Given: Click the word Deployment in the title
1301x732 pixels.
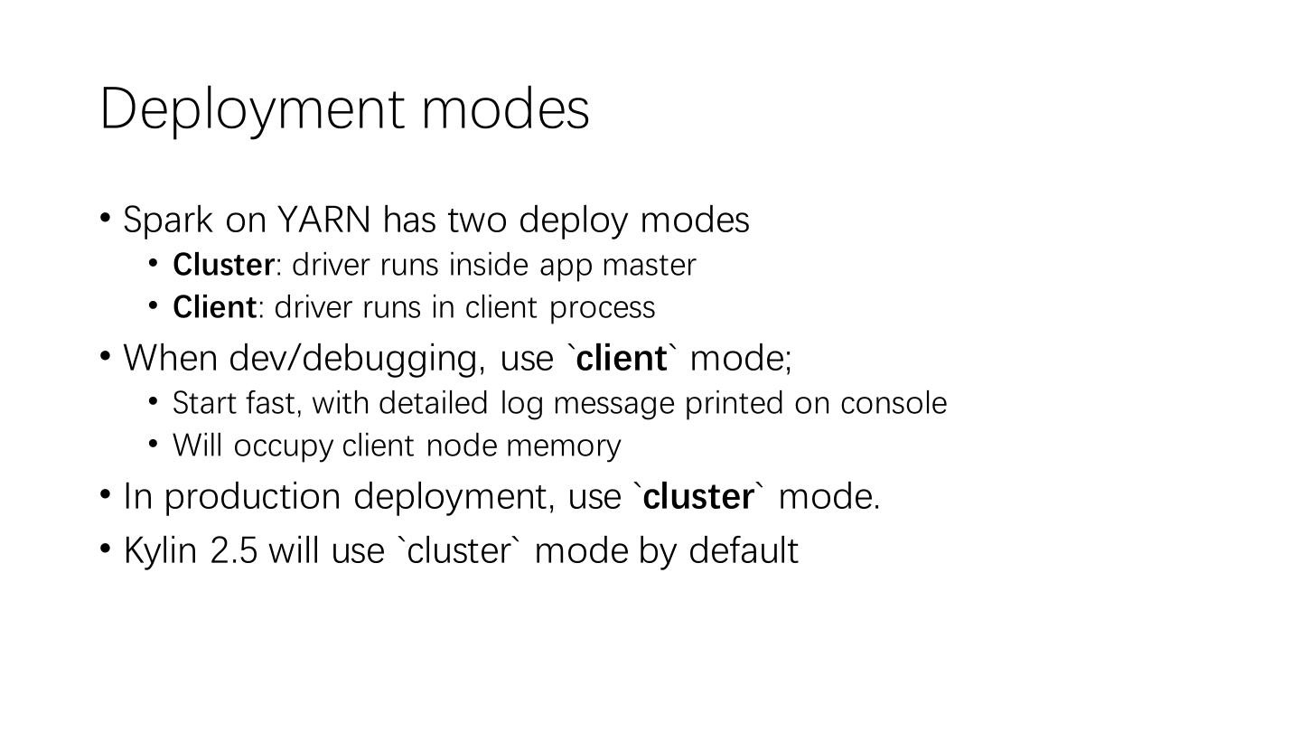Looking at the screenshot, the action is (x=252, y=109).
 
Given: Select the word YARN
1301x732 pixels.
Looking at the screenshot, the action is (x=323, y=220).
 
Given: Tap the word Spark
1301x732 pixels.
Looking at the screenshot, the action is (x=168, y=221).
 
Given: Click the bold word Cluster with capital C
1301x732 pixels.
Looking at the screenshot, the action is (x=223, y=265).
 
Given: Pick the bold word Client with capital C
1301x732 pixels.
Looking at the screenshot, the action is (x=214, y=307).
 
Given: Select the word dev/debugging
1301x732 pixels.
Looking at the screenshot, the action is (x=355, y=359).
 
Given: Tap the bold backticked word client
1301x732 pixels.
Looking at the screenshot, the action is (x=622, y=358).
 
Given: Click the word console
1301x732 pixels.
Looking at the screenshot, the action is (x=893, y=403).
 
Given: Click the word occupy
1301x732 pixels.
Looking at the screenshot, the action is (x=283, y=446).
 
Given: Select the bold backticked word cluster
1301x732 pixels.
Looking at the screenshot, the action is (x=698, y=496).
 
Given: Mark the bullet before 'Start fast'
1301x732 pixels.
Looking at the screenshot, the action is (x=154, y=399).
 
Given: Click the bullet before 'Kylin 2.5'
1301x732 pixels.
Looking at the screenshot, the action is (x=106, y=548).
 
